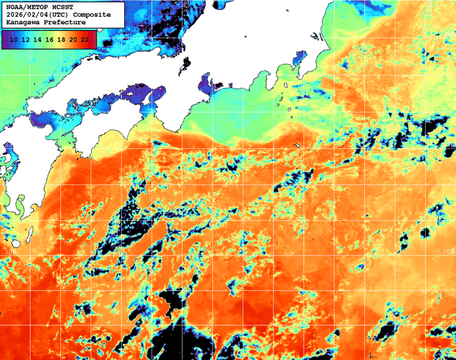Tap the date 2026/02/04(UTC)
(35, 14)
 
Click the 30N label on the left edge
(9, 250)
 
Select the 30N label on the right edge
(449, 250)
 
